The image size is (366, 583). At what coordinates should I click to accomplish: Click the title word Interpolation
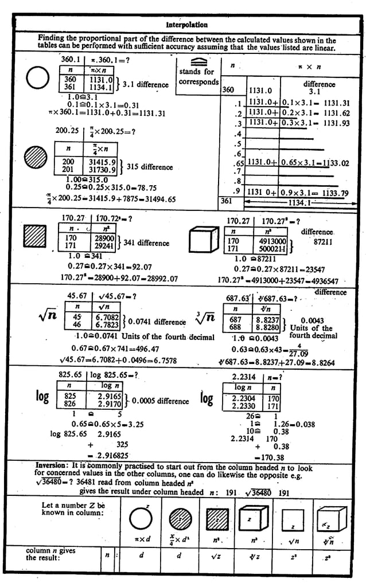186,25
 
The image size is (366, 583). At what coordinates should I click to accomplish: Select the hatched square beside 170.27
37,236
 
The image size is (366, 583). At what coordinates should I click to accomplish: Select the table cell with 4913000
268,241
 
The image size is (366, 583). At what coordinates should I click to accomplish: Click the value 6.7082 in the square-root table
107,316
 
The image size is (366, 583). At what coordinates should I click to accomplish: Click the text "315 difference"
149,167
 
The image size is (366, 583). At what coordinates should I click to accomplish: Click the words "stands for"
196,72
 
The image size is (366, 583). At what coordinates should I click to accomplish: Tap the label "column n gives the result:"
50,554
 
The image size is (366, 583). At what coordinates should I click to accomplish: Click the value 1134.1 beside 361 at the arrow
301,202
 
